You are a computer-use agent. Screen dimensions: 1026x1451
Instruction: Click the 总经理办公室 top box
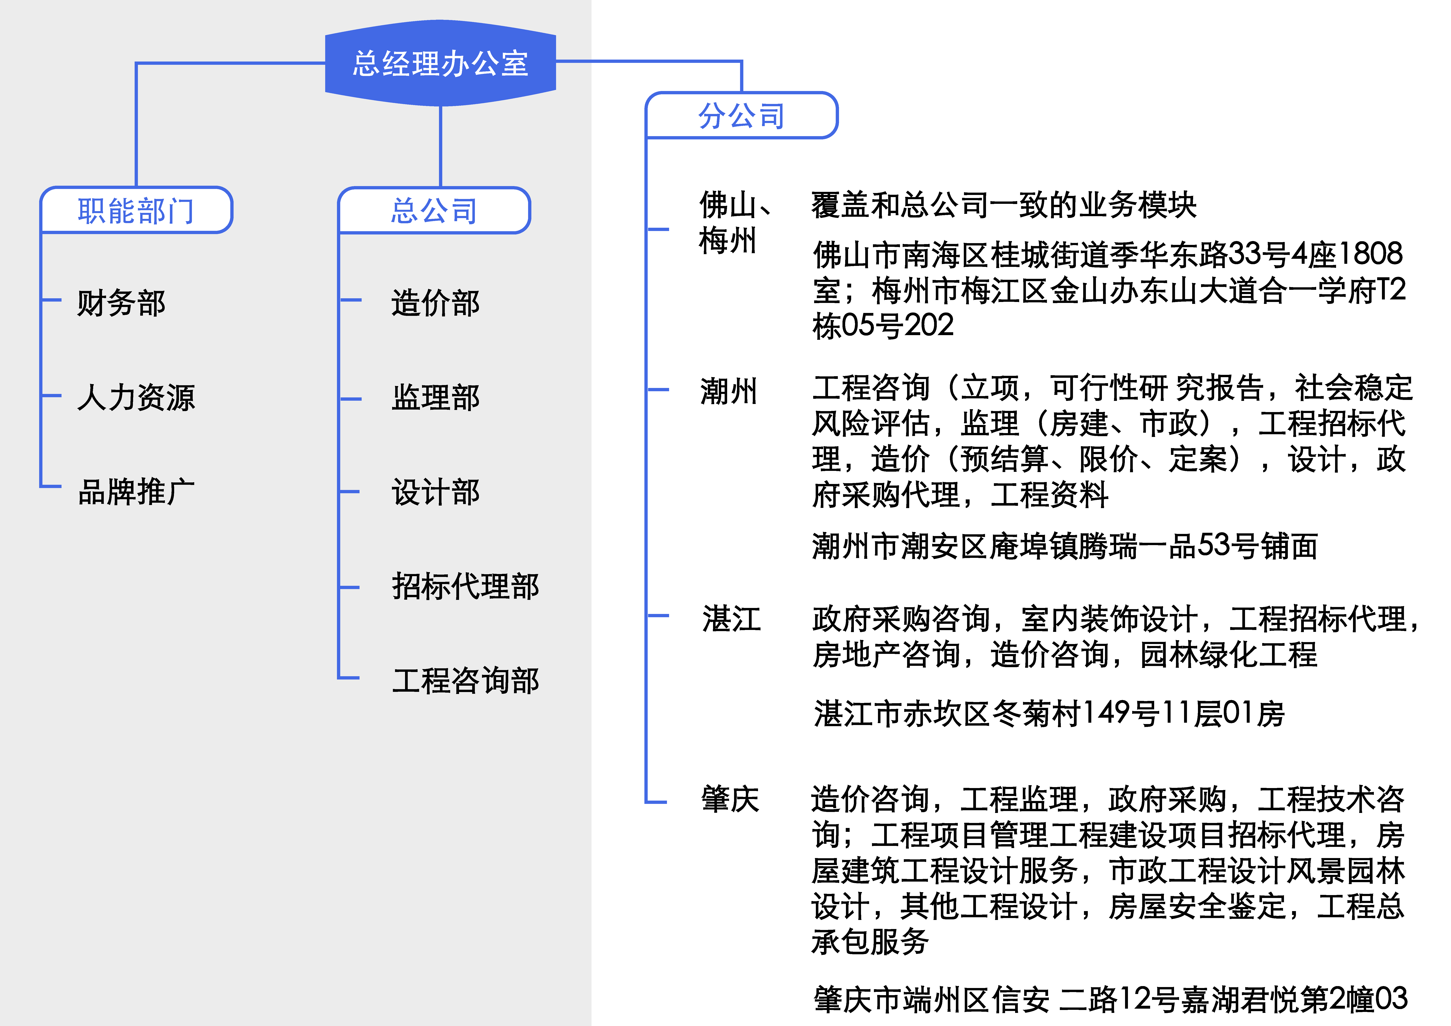tap(441, 63)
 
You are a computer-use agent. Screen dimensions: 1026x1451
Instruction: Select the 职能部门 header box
tap(136, 210)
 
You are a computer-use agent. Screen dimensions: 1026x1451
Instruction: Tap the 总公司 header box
tap(434, 210)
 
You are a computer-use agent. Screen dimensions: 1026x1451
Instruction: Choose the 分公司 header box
tap(741, 116)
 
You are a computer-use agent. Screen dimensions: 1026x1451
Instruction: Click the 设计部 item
tap(436, 492)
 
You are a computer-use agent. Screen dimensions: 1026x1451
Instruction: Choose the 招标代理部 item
tap(465, 586)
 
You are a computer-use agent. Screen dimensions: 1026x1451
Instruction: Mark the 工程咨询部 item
tap(465, 680)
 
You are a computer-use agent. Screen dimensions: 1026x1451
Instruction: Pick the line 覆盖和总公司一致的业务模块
tap(1004, 205)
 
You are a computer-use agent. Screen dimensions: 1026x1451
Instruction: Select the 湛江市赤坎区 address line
tap(1049, 713)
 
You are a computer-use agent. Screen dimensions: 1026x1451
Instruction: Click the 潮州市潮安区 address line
tap(1065, 546)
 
